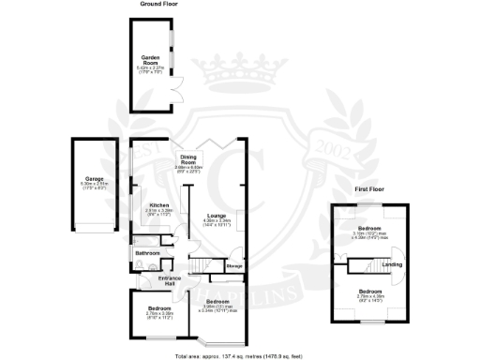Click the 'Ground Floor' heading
(160, 5)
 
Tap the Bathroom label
(147, 253)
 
